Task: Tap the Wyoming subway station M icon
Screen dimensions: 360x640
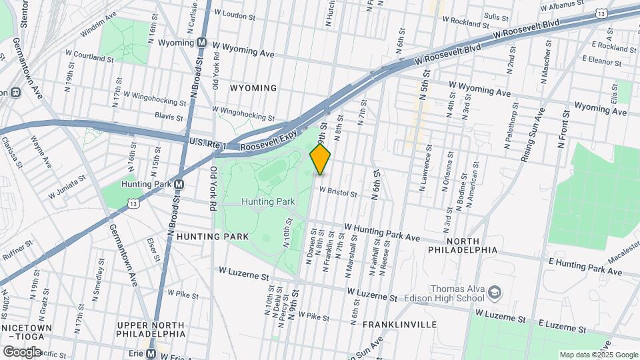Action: pos(201,43)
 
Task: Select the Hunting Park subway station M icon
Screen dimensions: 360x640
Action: pos(179,184)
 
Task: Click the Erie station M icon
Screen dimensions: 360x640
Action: pos(151,353)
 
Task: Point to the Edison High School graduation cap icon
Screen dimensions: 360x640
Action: pos(494,292)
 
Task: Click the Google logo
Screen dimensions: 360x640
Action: pos(22,351)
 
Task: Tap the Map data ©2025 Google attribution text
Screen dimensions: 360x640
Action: pos(599,355)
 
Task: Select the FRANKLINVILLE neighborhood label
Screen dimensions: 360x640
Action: pos(399,325)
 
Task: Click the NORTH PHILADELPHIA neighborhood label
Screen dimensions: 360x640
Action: pos(463,245)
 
